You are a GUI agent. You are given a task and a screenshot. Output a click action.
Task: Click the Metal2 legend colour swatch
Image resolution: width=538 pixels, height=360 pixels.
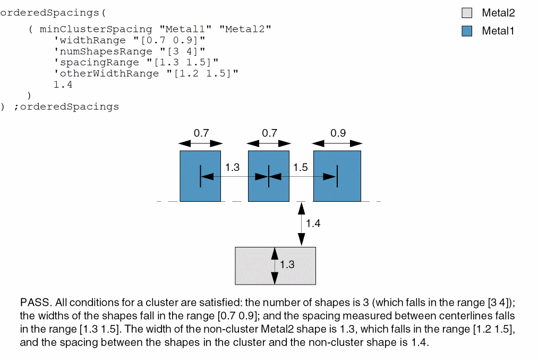point(467,13)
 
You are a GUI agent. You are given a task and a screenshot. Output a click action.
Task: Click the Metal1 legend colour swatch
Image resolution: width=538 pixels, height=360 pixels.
point(467,31)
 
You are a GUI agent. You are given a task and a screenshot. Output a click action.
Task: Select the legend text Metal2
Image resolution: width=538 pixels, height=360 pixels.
point(498,13)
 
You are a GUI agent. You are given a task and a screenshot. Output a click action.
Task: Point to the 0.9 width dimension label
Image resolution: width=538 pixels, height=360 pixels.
point(338,133)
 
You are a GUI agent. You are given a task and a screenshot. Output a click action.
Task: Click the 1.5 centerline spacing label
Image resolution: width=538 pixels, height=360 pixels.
point(300,168)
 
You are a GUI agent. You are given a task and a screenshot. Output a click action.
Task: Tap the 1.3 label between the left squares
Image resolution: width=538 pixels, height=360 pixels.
point(232,168)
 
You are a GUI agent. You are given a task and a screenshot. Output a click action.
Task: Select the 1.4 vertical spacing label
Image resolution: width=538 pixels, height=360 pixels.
point(314,224)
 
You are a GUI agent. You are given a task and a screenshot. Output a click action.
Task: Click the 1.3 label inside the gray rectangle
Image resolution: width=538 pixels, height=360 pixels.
point(287,264)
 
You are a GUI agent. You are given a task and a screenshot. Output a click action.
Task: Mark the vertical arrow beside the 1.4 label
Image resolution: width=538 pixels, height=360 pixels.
point(302,223)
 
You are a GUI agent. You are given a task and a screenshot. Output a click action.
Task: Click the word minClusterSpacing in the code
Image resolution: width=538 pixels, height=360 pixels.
point(96,29)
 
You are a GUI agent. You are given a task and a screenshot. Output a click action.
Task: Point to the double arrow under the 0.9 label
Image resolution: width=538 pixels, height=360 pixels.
point(337,143)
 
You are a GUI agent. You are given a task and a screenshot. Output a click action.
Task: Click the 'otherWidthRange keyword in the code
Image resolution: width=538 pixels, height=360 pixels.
point(106,73)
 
